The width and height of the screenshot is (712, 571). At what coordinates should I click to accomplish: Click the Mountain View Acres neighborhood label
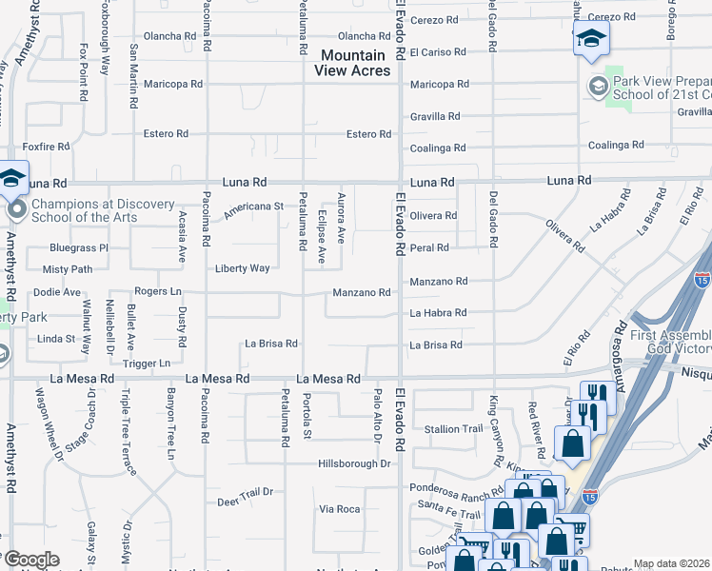pyautogui.click(x=353, y=64)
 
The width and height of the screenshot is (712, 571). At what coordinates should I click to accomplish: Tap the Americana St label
pyautogui.click(x=253, y=206)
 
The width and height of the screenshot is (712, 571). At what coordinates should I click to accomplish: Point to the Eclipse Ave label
pyautogui.click(x=322, y=245)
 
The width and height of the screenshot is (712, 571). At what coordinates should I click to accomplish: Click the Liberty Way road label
pyautogui.click(x=242, y=268)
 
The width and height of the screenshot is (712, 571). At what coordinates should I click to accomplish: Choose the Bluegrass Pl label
pyautogui.click(x=79, y=247)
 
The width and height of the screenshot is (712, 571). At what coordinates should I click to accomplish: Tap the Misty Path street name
pyautogui.click(x=68, y=269)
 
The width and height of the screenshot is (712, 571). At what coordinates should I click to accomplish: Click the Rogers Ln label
pyautogui.click(x=157, y=291)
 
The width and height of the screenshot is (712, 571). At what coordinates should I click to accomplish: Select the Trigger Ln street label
pyautogui.click(x=147, y=363)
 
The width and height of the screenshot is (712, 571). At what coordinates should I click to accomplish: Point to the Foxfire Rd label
pyautogui.click(x=47, y=147)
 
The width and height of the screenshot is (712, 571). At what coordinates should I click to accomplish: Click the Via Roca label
pyautogui.click(x=339, y=509)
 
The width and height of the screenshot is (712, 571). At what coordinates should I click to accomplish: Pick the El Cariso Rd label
pyautogui.click(x=439, y=52)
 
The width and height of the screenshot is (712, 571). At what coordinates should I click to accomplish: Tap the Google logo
pyautogui.click(x=30, y=560)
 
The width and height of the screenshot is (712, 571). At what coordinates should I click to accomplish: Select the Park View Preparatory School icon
pyautogui.click(x=597, y=86)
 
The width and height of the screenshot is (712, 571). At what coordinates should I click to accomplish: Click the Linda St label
pyautogui.click(x=56, y=339)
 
